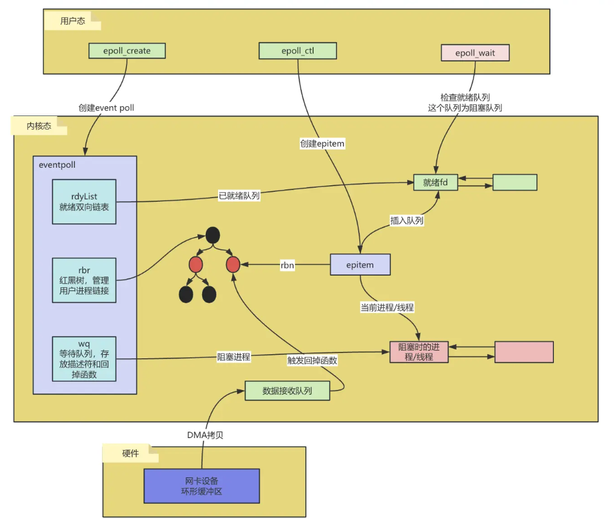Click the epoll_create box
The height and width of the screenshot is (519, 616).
(x=127, y=50)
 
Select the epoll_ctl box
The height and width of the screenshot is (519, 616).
(x=298, y=50)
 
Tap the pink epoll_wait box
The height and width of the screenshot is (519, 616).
(x=475, y=53)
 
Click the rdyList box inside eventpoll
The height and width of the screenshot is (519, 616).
(x=84, y=202)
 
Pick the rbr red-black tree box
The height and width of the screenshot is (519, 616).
(x=84, y=280)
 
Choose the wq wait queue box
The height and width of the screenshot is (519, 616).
(x=84, y=358)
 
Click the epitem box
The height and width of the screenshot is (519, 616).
(x=360, y=264)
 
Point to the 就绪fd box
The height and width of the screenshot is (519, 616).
(x=435, y=182)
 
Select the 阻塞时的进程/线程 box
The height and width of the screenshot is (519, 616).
(x=419, y=352)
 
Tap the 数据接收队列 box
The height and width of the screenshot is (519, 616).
(x=287, y=391)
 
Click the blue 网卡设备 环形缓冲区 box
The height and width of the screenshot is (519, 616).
(x=202, y=486)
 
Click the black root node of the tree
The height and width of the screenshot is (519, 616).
(x=213, y=235)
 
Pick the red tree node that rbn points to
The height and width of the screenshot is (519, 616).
(x=233, y=264)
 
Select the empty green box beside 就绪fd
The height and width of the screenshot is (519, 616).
(x=515, y=182)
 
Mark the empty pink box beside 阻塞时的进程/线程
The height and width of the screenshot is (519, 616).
(x=524, y=352)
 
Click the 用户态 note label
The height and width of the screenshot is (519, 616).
(x=72, y=21)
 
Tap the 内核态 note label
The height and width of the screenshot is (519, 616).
(x=39, y=126)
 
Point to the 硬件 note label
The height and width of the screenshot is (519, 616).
(x=131, y=453)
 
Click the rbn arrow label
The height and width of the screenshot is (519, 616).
(x=287, y=265)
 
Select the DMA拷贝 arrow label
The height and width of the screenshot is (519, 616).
(x=205, y=435)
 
